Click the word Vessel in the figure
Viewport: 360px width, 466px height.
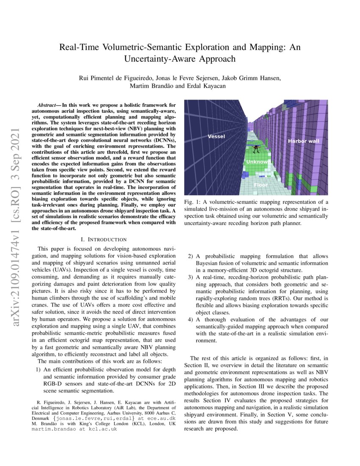coord(216,136)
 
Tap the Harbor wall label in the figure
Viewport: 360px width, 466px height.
coord(304,141)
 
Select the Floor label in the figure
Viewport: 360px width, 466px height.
coord(260,185)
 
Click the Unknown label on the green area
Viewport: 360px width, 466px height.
coord(257,162)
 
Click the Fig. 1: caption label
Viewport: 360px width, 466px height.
coord(193,202)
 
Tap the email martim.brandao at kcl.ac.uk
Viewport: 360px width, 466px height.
coord(75,429)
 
